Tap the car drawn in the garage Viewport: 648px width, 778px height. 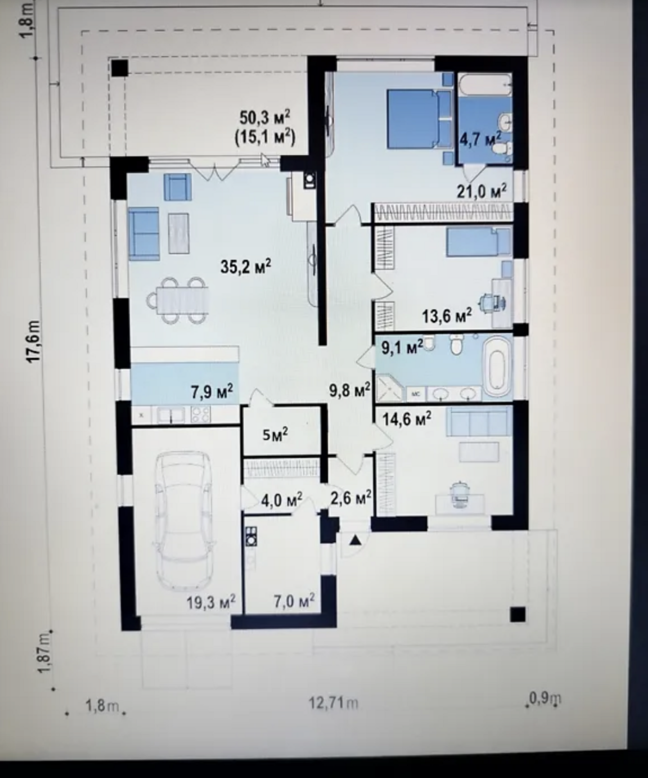(x=183, y=520)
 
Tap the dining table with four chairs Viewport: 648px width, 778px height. (x=178, y=300)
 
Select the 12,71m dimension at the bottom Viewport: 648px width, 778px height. (x=334, y=703)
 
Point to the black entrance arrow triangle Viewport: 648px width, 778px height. (x=356, y=539)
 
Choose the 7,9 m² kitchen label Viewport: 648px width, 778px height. (x=212, y=391)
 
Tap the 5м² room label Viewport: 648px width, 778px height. (x=275, y=434)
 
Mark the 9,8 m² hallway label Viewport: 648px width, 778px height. (x=350, y=389)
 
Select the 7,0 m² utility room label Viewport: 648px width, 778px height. (x=294, y=601)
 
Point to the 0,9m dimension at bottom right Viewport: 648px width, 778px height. (x=545, y=698)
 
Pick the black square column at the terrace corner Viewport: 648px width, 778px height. (x=119, y=68)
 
